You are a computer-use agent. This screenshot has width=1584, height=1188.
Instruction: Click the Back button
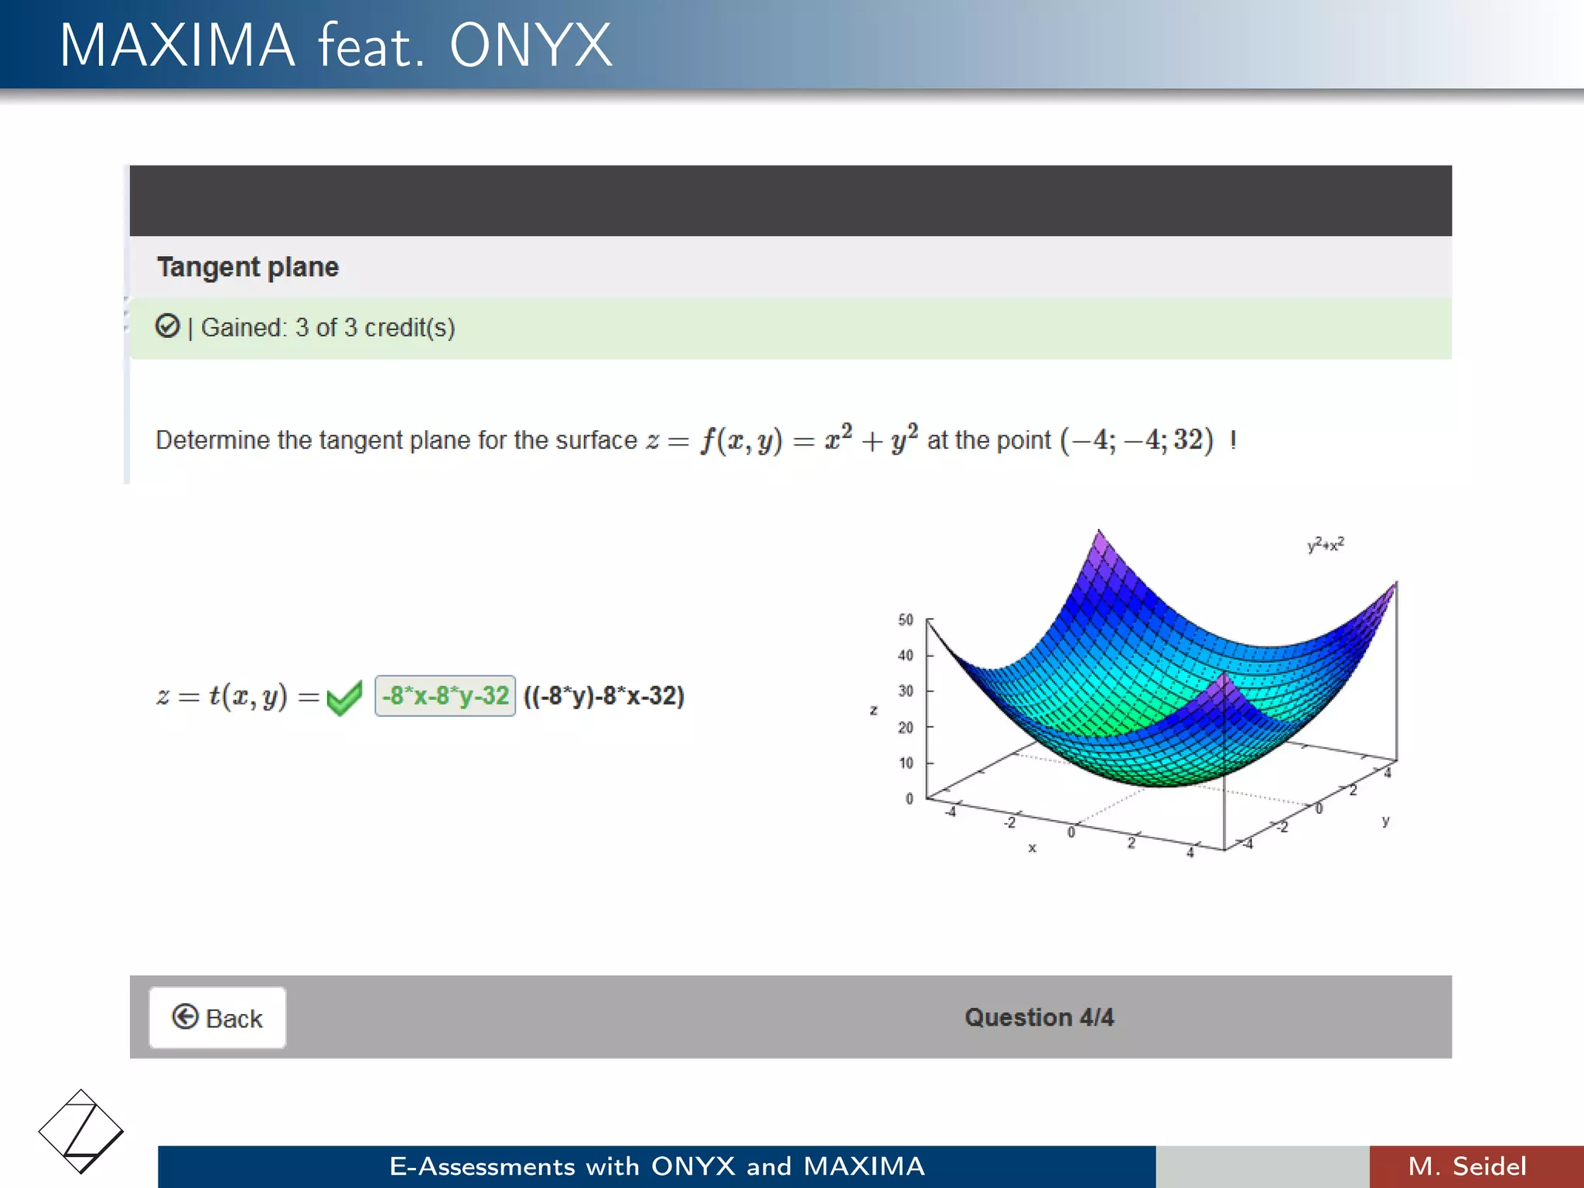pos(217,1018)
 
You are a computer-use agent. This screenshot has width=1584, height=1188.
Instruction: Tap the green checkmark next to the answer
pos(344,698)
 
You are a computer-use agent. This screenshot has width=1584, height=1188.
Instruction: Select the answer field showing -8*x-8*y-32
pos(445,695)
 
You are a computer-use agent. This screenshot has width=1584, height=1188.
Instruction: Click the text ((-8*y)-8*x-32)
pos(604,695)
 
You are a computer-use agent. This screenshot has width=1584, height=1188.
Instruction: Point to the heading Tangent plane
pos(247,267)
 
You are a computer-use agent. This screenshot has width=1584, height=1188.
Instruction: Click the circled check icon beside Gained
pos(167,326)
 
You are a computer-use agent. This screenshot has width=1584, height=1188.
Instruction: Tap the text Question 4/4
pos(1039,1017)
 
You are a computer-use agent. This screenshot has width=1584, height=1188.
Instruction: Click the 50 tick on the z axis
pos(906,620)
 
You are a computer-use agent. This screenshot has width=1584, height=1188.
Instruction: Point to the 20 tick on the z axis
pos(906,727)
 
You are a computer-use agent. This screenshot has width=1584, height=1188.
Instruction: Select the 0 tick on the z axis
pos(910,798)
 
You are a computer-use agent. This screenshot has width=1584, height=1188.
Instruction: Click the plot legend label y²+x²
pos(1326,544)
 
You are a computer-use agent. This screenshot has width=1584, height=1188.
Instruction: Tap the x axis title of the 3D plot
pos(1032,848)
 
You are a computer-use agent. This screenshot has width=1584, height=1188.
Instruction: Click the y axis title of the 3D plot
pos(1386,821)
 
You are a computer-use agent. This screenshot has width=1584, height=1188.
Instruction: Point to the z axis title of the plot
pos(873,709)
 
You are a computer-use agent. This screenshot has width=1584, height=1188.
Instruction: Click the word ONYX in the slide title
pos(531,46)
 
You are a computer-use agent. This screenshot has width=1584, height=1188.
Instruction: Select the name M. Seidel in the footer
pos(1467,1166)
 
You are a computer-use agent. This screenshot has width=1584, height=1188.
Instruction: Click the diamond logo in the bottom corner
pos(80,1131)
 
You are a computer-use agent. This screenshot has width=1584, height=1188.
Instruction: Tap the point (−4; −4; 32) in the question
pos(1136,440)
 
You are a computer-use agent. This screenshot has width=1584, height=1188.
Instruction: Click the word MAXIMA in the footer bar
pos(864,1166)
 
